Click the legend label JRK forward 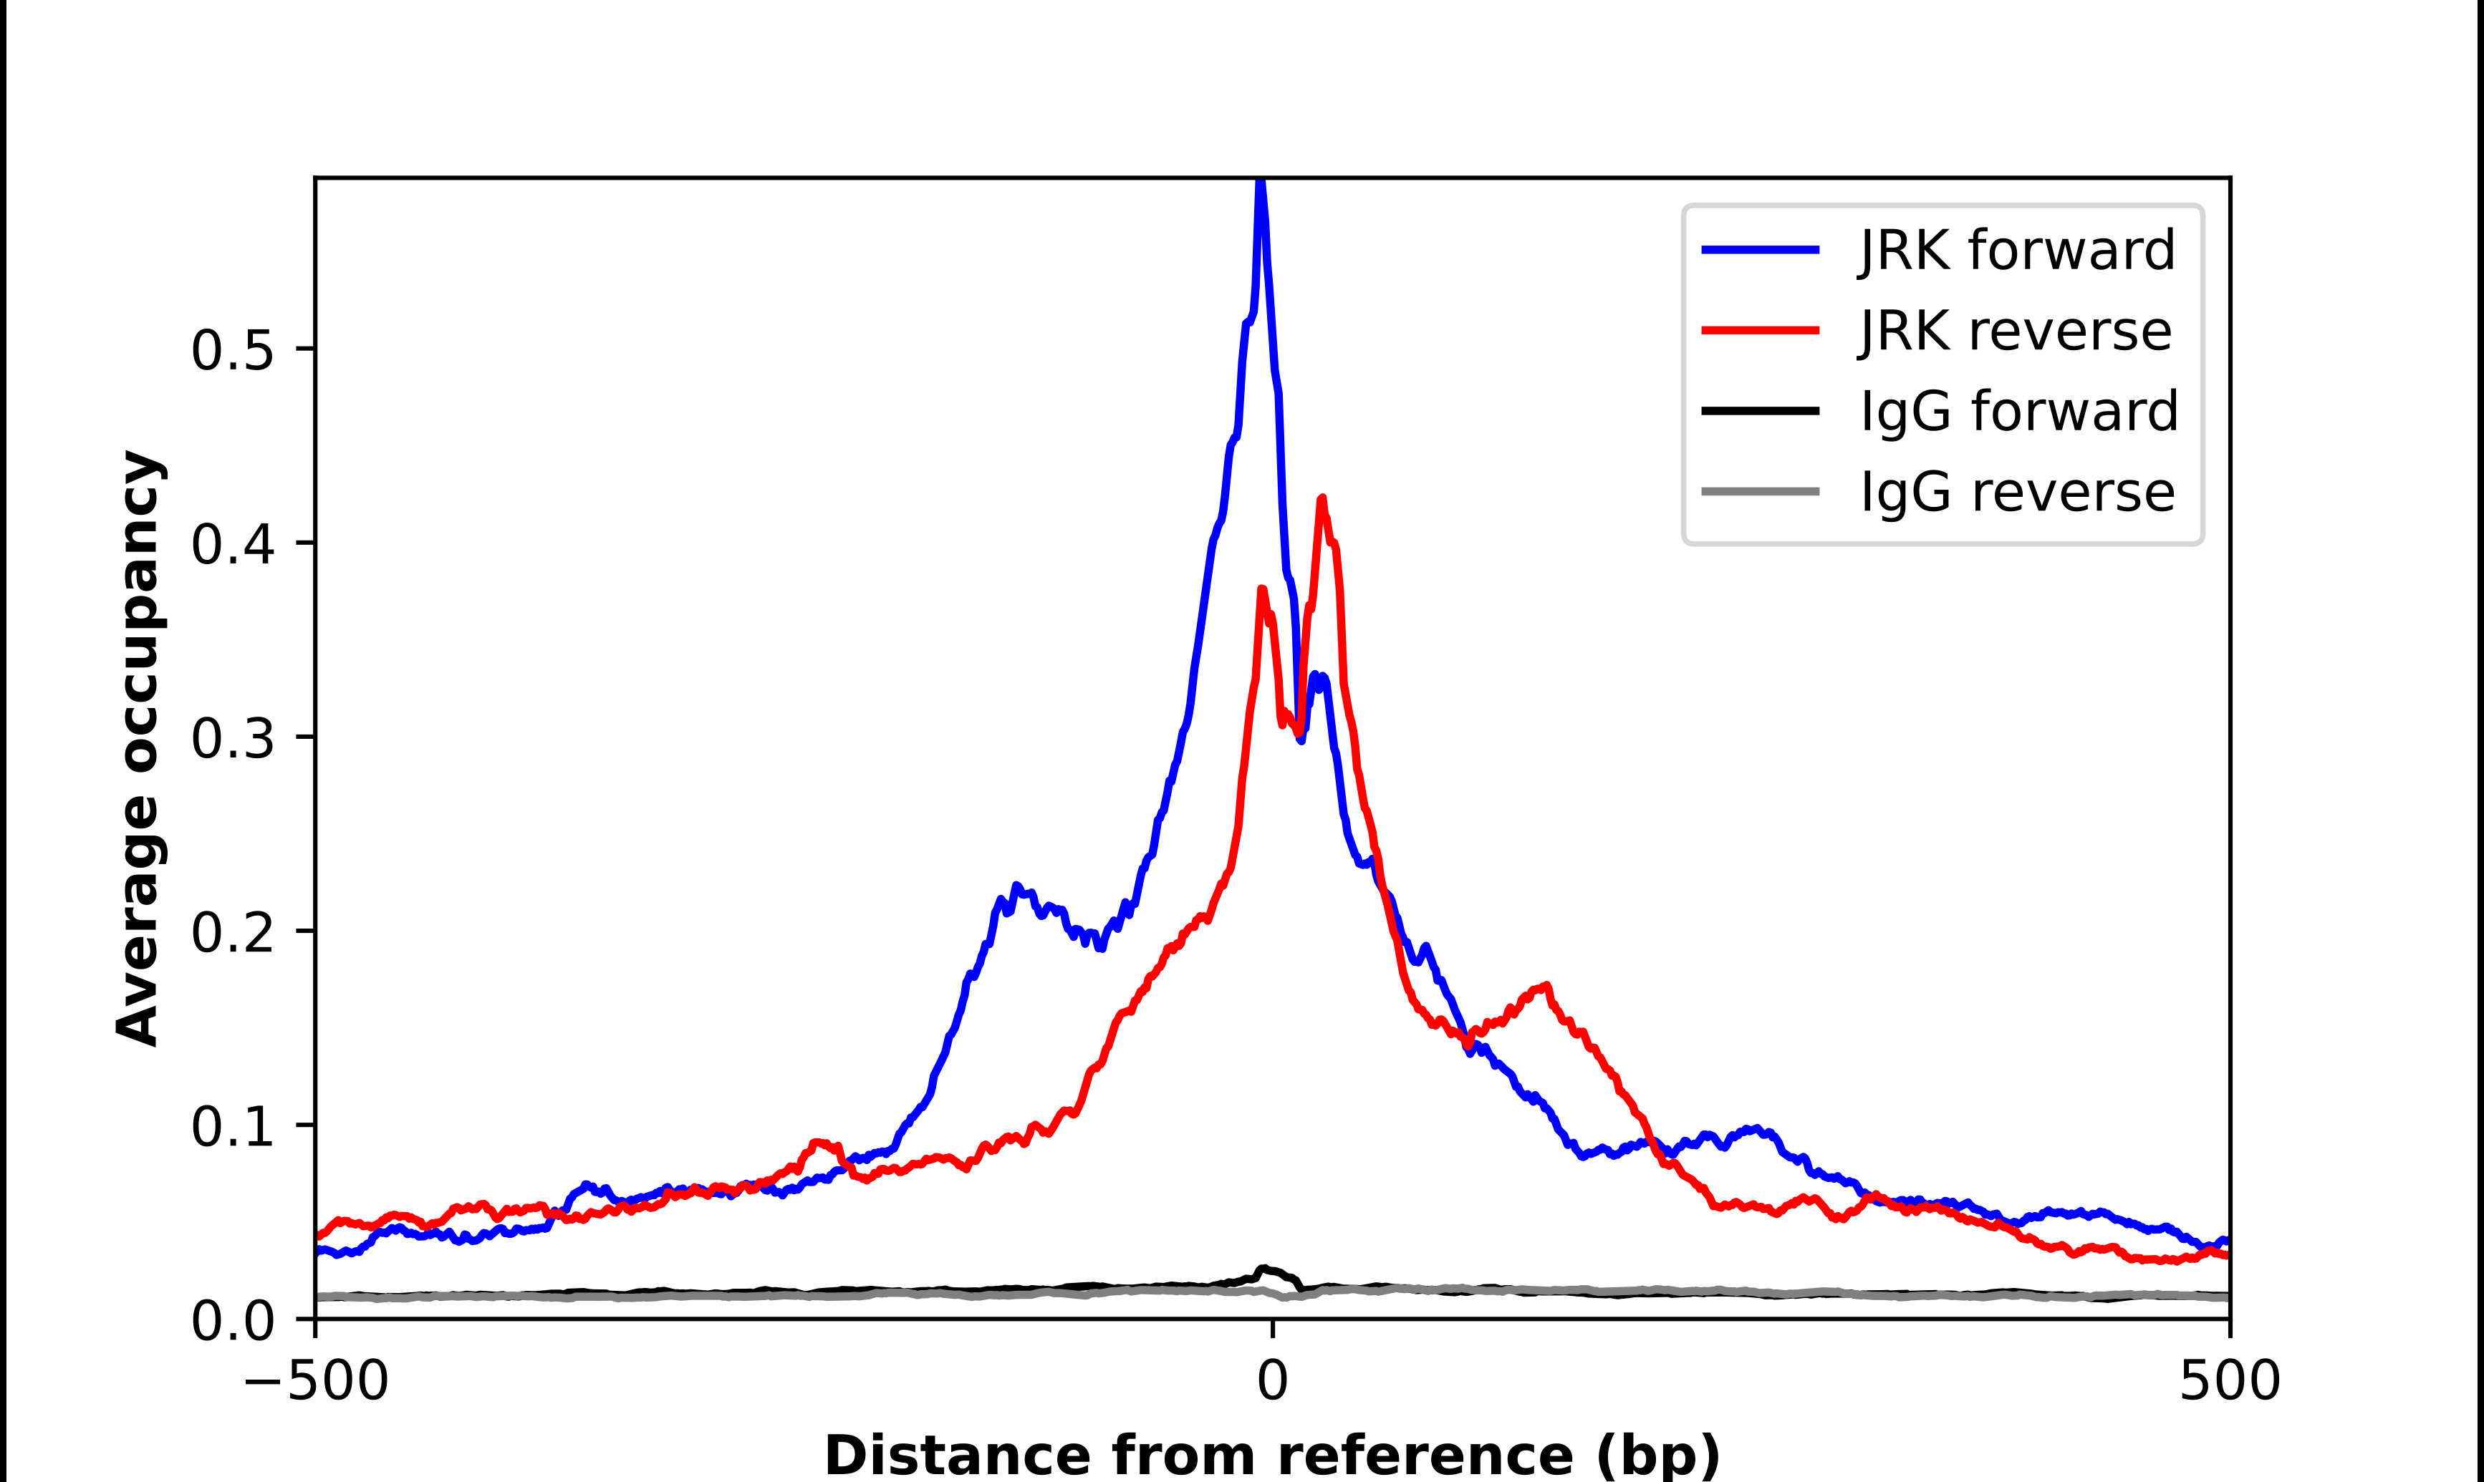tap(2016, 250)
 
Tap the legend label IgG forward tap(2018, 412)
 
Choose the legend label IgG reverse tap(2016, 493)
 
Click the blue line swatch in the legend tap(1760, 250)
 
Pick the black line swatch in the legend tap(1760, 410)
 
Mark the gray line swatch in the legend tap(1760, 491)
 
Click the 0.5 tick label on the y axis tap(232, 351)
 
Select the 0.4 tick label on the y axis tap(232, 544)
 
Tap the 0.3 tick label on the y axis tap(232, 739)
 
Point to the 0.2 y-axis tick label tap(232, 933)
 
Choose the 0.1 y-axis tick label tap(232, 1126)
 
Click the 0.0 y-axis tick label tap(232, 1321)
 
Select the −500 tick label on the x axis tap(316, 1381)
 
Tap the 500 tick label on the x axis tap(2229, 1381)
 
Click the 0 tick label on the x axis tap(1271, 1381)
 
